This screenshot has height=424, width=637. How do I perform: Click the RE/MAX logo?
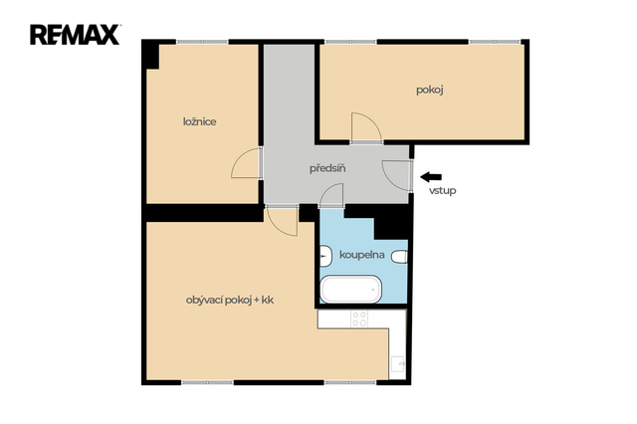pos(75,35)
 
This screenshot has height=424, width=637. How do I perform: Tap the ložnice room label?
pos(199,121)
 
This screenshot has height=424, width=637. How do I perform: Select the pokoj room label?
pos(429,90)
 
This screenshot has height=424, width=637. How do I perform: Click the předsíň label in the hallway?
pos(327,168)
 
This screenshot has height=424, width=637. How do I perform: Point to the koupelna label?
pos(362,255)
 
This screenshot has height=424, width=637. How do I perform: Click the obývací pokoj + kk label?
pos(230,301)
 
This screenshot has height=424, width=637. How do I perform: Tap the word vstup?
pos(442,190)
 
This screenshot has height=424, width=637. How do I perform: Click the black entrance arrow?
pos(431,177)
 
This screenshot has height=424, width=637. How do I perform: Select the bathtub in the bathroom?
pos(351,290)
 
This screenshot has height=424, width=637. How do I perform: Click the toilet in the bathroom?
pos(399,257)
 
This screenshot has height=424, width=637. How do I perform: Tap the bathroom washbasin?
pos(325,256)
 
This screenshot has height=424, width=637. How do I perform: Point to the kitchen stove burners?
pos(359,318)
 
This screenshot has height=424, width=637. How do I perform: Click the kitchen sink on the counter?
pos(398,364)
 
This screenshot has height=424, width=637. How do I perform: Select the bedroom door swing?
pos(246,163)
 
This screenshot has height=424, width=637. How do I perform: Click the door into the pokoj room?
pos(366,127)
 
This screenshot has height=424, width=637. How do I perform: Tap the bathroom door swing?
pos(331,195)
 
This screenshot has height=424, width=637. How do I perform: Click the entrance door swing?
pos(396,175)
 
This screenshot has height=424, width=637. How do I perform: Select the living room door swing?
pos(282,222)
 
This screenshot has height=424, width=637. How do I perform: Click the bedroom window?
pos(202,42)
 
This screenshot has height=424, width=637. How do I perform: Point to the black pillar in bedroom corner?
pos(150,54)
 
